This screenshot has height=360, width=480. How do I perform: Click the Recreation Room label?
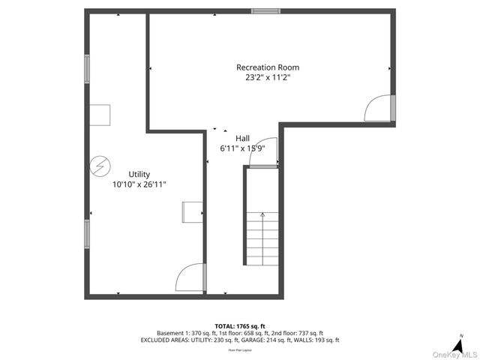(x=267, y=67)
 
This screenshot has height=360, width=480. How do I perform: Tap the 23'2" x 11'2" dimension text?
(x=267, y=76)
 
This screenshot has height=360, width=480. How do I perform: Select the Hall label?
(x=242, y=138)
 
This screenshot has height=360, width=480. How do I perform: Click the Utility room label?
(x=139, y=174)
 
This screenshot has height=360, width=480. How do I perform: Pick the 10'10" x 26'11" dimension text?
(x=139, y=184)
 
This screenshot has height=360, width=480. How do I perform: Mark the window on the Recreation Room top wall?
(x=265, y=11)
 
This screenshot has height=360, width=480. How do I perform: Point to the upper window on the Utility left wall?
(x=87, y=70)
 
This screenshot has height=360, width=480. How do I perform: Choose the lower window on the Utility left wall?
(x=87, y=233)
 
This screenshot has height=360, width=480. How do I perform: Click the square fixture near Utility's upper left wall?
(x=100, y=115)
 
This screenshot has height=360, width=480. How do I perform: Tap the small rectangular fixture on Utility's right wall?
(x=192, y=211)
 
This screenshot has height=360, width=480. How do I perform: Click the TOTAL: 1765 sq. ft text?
(x=239, y=325)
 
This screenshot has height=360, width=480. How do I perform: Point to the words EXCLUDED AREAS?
(x=166, y=340)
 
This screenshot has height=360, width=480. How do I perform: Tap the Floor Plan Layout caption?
(x=239, y=349)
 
